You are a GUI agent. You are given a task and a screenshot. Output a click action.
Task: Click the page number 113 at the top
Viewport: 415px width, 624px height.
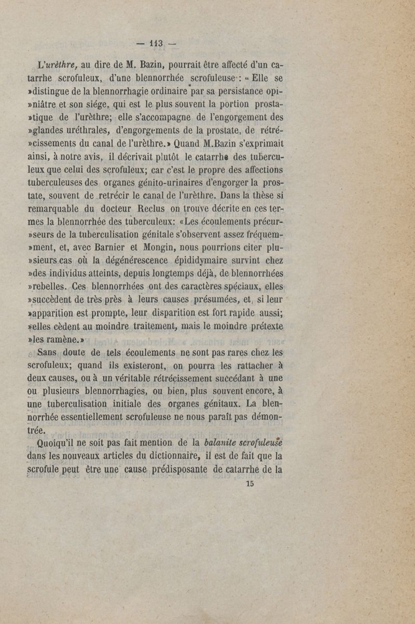tap(157, 44)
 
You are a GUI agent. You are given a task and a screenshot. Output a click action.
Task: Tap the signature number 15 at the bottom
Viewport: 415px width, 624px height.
tap(251, 483)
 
